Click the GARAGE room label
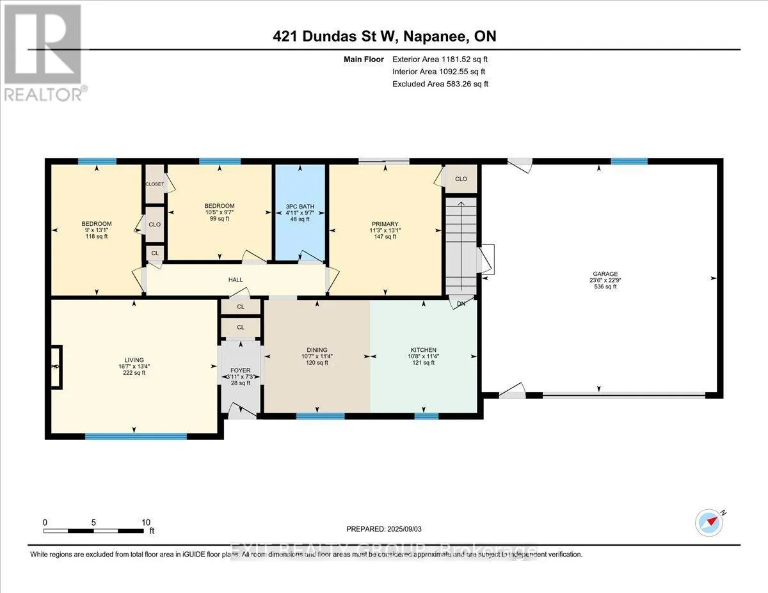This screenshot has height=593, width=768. coord(600,274)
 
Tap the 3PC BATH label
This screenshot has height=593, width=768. coord(300,206)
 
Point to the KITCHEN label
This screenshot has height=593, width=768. coord(423,349)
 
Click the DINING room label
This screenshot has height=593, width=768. coord(314,350)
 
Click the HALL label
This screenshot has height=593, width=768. coord(236,280)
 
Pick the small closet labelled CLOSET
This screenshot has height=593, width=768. coord(154,184)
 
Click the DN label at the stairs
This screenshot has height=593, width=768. coord(460,304)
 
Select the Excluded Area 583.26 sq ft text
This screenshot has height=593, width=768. coord(440,84)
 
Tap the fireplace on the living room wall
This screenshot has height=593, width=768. coord(56,367)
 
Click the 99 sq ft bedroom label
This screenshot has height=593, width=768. coord(219,219)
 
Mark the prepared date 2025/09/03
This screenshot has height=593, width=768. coord(385,529)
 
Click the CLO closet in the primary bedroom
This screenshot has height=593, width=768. coord(461,179)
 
